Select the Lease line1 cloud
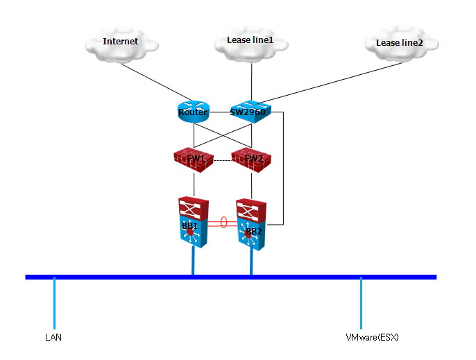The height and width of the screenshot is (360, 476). tap(250, 42)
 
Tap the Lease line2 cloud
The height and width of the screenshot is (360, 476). tap(398, 44)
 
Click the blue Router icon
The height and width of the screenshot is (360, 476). tap(193, 112)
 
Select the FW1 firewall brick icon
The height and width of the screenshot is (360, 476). tap(194, 159)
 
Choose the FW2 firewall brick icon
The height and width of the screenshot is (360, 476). tap(251, 159)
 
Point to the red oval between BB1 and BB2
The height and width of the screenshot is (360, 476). tap(223, 223)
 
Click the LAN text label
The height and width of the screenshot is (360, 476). tap(53, 338)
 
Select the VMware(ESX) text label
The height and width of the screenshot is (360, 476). tap(373, 338)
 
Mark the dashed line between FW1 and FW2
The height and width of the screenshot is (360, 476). tap(222, 160)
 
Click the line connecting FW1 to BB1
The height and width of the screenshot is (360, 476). tap(194, 185)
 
